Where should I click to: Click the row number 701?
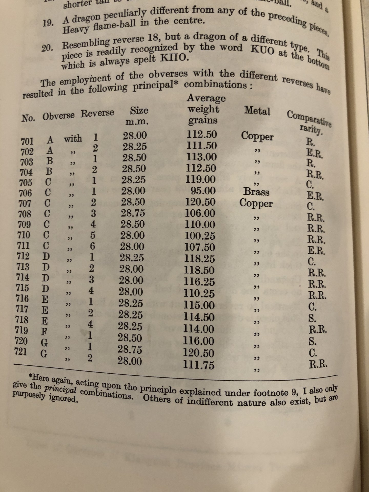[x=27, y=141]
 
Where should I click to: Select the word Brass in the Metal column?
[x=257, y=192]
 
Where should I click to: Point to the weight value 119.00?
[x=201, y=179]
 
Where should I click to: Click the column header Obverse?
[x=59, y=116]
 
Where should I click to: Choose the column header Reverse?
[x=97, y=113]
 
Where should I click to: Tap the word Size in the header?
[x=139, y=110]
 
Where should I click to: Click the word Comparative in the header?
[x=309, y=118]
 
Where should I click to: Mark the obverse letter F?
[x=44, y=331]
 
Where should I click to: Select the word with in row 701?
[x=73, y=139]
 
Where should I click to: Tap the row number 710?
[x=24, y=235]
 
